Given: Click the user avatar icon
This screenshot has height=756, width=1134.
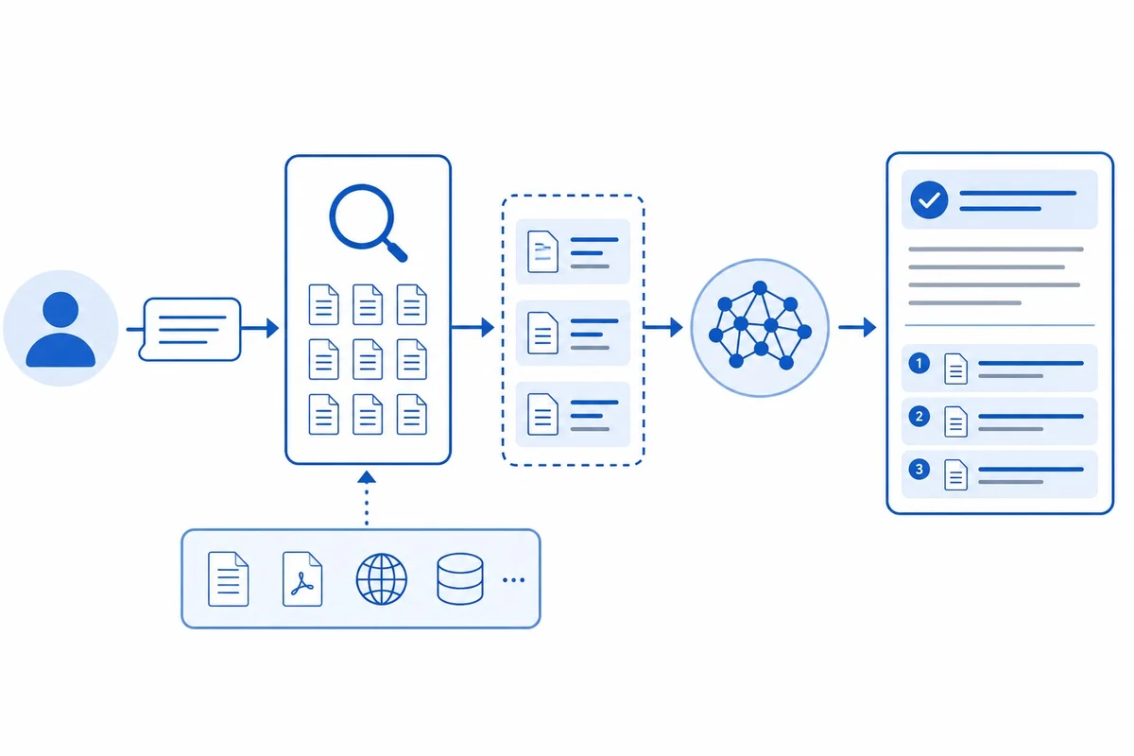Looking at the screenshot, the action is [60, 328].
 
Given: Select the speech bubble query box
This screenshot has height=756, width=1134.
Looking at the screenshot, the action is [190, 330].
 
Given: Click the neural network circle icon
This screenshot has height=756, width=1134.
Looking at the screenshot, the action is [760, 328].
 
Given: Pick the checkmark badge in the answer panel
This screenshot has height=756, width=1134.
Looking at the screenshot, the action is [929, 200].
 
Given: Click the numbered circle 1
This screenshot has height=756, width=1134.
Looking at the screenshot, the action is [919, 364].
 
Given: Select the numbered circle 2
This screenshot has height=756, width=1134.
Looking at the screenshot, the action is [919, 417].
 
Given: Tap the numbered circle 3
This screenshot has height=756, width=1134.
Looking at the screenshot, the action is [919, 470].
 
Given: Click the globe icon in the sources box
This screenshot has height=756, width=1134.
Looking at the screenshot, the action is [381, 579].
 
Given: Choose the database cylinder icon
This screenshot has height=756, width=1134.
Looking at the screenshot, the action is [459, 579].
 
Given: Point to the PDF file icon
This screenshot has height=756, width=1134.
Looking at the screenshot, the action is [302, 578].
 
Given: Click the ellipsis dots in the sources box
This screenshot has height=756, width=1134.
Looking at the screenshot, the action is [513, 580].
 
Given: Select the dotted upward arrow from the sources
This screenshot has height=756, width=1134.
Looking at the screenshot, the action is [367, 498].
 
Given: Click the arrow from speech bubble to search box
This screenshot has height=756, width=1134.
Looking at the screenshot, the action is [260, 328].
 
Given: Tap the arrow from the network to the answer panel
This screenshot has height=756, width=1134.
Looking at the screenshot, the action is [857, 328].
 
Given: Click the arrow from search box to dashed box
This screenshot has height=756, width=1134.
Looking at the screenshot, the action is [472, 327].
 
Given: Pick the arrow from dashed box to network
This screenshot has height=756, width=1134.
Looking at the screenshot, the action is [663, 327].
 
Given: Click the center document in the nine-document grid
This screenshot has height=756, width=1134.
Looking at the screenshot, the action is [368, 359].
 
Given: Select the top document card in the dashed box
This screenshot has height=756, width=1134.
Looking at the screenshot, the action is [573, 251].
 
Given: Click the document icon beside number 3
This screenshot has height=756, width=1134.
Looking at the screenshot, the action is [955, 475].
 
